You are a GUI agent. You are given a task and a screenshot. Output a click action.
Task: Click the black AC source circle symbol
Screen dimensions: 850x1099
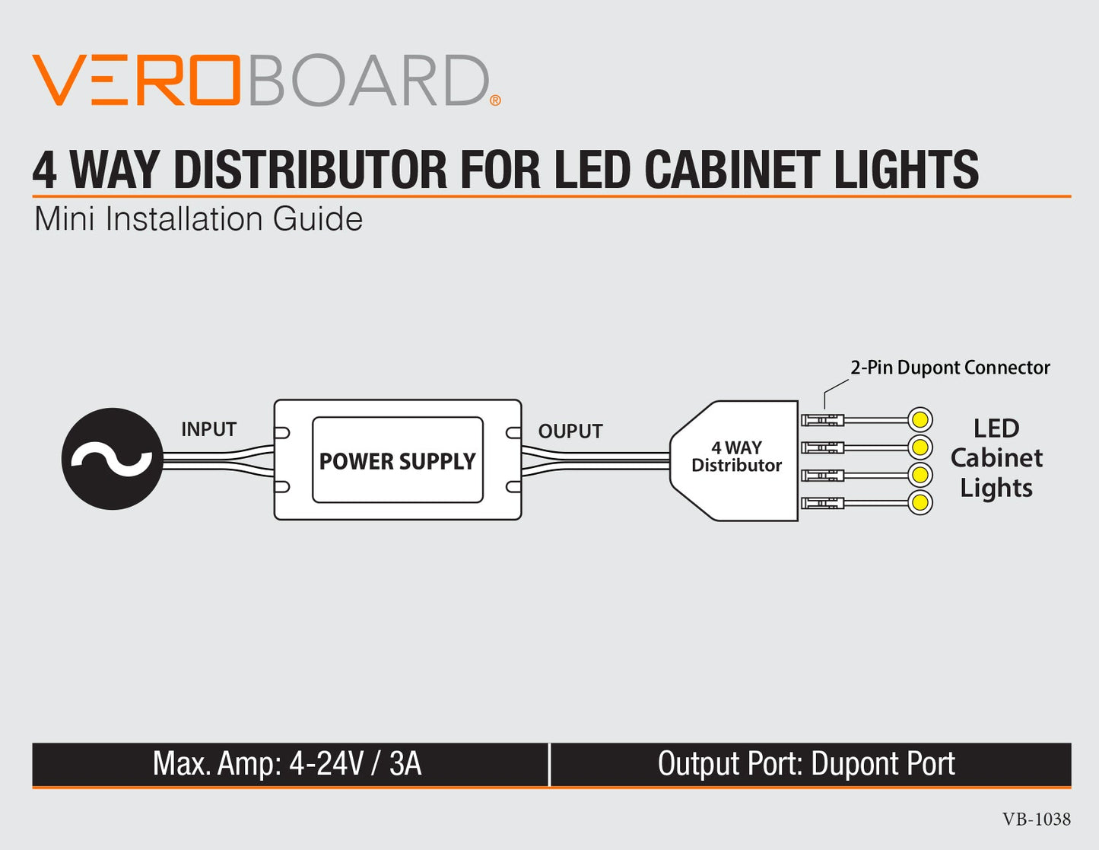click(113, 459)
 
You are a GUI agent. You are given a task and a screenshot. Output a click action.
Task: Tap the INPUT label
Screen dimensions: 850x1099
click(208, 429)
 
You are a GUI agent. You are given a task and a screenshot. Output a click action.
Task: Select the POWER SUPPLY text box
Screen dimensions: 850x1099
click(397, 460)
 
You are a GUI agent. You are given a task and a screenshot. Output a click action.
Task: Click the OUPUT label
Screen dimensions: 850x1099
click(570, 431)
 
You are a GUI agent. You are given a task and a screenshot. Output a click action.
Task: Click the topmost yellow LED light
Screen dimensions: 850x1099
click(920, 419)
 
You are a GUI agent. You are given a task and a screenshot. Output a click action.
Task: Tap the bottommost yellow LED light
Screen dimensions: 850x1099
click(920, 502)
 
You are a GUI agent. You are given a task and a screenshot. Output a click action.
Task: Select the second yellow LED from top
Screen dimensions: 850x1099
click(920, 446)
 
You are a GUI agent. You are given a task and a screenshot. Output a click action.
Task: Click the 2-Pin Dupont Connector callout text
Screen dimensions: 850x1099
click(949, 368)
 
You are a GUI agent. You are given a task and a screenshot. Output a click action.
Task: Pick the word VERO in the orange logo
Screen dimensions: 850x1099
click(137, 80)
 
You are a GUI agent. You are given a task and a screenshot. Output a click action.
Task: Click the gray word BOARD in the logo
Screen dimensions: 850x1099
click(368, 80)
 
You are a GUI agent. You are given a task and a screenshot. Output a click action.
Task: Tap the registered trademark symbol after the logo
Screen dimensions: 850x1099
click(495, 100)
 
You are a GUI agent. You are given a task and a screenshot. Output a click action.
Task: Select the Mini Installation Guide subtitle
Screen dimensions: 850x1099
click(199, 219)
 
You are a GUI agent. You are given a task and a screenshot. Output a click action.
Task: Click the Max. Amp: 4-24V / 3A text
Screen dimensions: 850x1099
click(287, 764)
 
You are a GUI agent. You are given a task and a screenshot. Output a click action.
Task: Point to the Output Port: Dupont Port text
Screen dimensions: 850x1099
click(806, 764)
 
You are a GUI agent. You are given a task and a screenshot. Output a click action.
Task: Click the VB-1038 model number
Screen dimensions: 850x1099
click(1036, 820)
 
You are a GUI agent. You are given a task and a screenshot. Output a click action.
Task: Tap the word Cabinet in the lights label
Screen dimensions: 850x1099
click(996, 458)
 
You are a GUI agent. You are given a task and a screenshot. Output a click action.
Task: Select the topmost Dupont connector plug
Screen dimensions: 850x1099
click(823, 419)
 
